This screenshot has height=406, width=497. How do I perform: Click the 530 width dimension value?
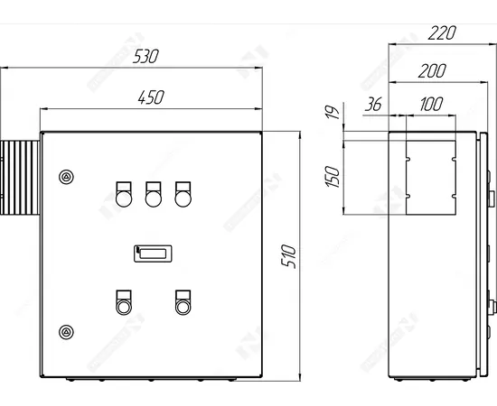click(x=145, y=56)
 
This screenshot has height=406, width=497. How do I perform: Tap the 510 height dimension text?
click(x=288, y=254)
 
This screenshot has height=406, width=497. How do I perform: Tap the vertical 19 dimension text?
click(x=333, y=115)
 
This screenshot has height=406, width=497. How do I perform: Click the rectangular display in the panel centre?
click(x=154, y=254)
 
